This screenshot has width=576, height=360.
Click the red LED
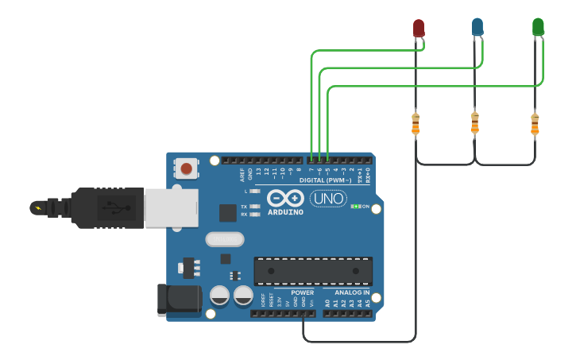[418, 28]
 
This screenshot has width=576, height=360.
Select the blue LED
[477, 27]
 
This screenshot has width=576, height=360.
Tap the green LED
[538, 27]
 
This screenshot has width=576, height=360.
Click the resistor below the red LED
[416, 124]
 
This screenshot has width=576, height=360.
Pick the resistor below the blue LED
[475, 123]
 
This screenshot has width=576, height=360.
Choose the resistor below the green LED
[535, 124]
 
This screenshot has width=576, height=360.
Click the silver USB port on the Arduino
[171, 208]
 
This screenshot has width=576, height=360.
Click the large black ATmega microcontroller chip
[312, 271]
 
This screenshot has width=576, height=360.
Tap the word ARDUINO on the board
[285, 212]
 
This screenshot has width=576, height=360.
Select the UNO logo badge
[328, 198]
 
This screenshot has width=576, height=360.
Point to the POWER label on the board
[302, 292]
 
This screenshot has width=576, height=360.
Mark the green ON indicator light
[355, 207]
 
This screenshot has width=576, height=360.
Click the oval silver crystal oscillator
[224, 239]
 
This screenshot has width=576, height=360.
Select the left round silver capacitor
[219, 296]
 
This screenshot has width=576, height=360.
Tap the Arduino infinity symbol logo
[285, 198]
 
